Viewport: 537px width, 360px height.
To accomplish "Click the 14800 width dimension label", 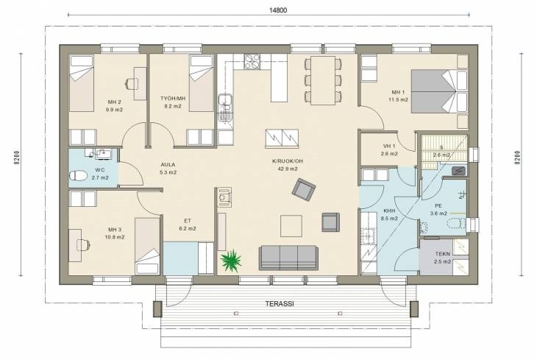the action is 278,10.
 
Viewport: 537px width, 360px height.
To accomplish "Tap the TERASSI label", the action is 280,304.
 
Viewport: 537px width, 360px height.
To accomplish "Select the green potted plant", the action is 231,261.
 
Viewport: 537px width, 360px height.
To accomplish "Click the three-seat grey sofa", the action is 288,258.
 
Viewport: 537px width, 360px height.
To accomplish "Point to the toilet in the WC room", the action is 78,176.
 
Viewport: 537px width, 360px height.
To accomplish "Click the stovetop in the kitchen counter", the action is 252,61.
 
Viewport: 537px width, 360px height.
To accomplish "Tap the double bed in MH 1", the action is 439,91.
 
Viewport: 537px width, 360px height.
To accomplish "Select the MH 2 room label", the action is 114,102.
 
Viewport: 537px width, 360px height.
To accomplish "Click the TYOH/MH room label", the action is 173,99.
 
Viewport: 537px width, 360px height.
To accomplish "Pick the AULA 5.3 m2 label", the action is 168,169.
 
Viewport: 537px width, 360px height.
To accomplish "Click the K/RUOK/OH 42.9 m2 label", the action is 288,165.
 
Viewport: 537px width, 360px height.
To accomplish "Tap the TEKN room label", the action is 443,254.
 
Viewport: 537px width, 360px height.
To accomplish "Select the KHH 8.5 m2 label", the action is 389,214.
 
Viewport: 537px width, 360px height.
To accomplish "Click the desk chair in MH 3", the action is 85,245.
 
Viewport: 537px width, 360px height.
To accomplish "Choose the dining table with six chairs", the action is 323,80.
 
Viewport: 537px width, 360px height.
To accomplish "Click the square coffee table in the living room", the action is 291,226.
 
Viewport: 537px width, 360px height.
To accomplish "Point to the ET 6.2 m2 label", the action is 188,225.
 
